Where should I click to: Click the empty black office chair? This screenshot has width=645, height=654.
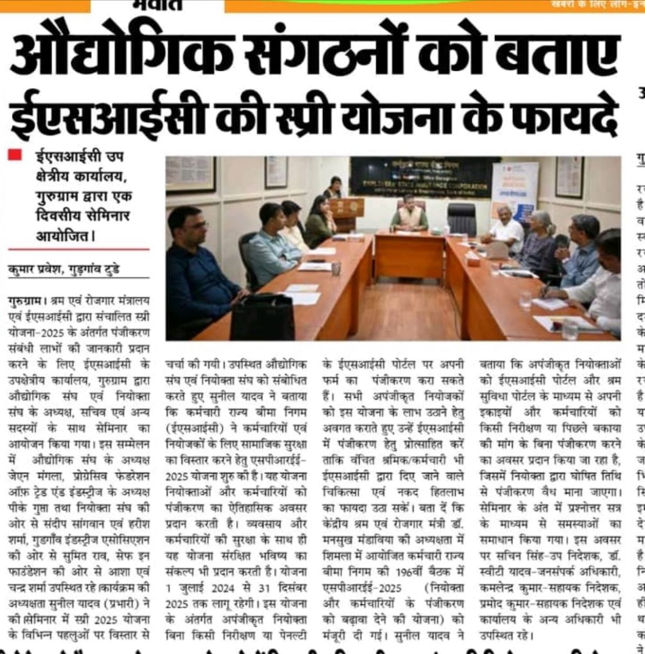point(462,218)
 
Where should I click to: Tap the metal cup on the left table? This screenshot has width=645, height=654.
point(336,268)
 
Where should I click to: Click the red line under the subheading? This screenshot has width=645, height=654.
point(79,249)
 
